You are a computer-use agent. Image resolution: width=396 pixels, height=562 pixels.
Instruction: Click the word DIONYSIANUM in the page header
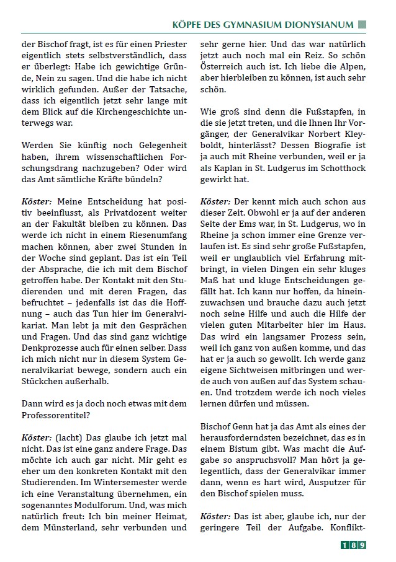click(318, 25)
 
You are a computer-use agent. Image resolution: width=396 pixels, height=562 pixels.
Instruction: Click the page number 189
click(353, 545)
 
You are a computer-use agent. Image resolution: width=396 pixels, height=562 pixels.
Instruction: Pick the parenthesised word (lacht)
click(69, 436)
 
